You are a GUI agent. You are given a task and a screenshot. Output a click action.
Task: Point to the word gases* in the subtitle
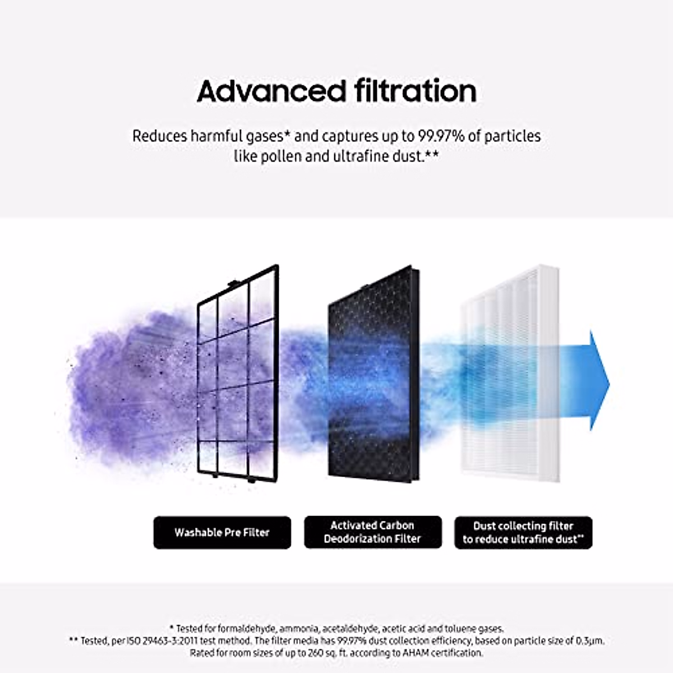pos(265,136)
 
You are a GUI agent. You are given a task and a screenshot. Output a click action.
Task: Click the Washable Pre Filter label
pos(222,532)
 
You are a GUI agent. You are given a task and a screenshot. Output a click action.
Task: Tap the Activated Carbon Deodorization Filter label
pos(372,532)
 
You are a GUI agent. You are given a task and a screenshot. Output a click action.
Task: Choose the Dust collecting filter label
pos(523,532)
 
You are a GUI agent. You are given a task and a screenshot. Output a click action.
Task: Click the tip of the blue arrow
pos(608,381)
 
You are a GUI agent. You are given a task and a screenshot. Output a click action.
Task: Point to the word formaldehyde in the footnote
pos(247,629)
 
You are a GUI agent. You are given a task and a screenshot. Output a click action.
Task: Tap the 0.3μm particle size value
pos(590,640)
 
